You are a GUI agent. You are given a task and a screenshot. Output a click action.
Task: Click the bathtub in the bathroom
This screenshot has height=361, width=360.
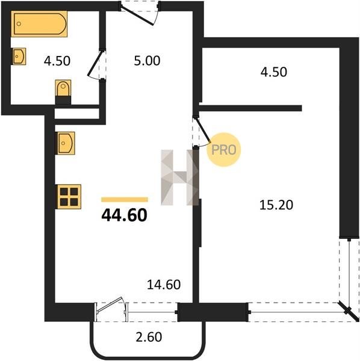[39, 23]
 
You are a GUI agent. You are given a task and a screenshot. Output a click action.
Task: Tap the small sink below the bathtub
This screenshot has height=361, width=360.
[19, 56]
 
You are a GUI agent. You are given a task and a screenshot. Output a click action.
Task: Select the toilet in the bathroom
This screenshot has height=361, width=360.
[63, 88]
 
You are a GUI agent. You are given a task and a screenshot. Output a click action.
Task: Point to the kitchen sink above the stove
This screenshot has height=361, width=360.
[65, 143]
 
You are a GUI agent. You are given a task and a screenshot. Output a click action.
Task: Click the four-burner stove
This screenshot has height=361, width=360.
[69, 197]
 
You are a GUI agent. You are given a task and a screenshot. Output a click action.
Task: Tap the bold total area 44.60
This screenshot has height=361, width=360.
[125, 215]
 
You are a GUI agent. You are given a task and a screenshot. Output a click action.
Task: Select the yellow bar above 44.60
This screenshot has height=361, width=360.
[125, 199]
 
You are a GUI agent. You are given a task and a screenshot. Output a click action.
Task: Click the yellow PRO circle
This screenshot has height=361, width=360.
[224, 150]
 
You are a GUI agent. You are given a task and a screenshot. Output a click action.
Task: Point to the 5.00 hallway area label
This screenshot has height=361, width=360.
[147, 61]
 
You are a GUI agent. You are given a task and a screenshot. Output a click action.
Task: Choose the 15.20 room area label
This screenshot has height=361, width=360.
[276, 205]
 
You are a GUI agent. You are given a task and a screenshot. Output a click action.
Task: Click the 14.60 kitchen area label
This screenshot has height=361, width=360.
[164, 285]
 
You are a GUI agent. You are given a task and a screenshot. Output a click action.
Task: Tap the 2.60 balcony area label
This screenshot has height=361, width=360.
[149, 337]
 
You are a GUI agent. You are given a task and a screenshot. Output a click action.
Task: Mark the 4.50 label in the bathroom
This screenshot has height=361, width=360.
[57, 61]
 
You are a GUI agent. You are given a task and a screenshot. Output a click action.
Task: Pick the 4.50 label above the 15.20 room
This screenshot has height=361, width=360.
[274, 72]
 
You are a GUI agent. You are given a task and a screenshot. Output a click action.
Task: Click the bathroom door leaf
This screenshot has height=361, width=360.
[95, 63]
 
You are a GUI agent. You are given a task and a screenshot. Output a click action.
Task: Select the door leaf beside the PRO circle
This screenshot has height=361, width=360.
[203, 129]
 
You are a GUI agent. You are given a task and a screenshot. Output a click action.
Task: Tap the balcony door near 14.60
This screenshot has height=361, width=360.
[110, 304]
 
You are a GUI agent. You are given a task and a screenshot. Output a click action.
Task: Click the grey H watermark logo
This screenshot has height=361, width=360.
[179, 177]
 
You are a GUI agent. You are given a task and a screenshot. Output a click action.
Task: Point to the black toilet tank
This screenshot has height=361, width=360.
[63, 100]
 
